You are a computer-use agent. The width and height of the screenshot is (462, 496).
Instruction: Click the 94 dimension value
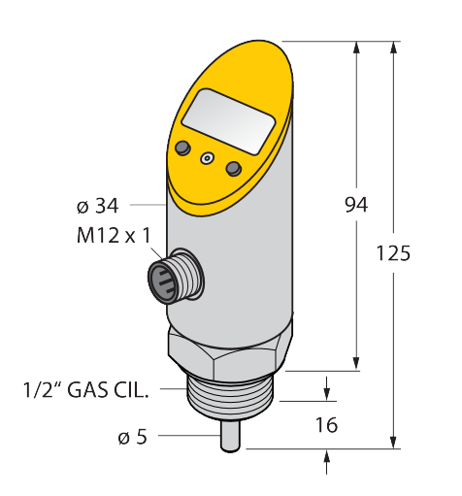356,205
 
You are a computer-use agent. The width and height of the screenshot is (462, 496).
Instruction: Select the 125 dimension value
393,253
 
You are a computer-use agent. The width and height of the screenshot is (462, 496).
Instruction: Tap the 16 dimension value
326,424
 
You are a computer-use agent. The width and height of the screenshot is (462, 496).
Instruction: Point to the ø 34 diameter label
98,206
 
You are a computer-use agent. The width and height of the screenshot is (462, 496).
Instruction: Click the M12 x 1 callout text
114,235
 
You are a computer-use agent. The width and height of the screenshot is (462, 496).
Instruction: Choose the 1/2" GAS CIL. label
86,389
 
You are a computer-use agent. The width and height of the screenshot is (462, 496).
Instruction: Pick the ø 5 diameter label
133,437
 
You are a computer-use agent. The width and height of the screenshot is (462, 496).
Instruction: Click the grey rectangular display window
228,121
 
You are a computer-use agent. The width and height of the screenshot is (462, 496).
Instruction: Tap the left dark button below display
182,148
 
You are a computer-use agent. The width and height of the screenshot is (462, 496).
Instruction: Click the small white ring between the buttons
208,158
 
